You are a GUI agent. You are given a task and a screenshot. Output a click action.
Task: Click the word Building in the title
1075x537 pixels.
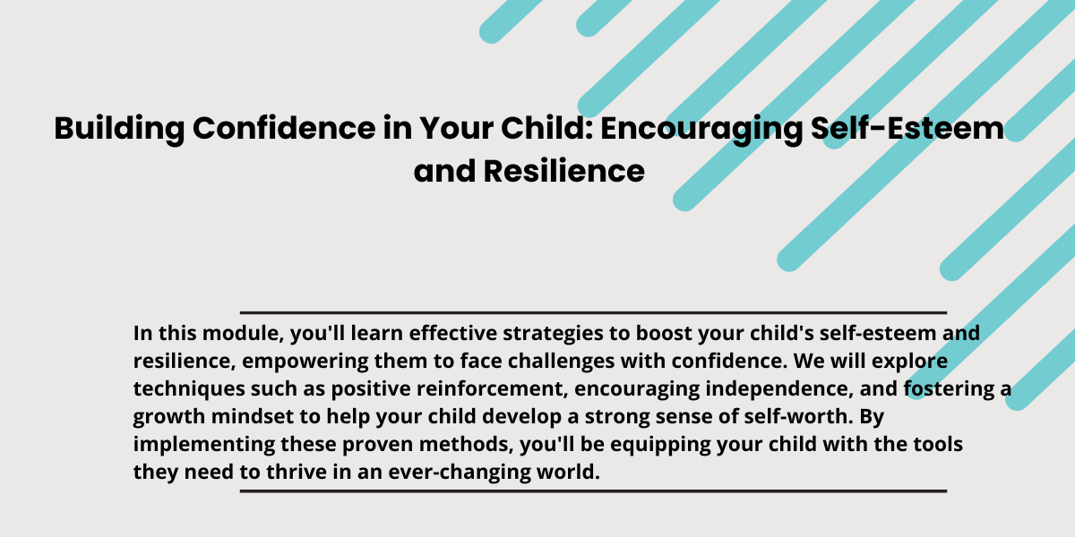119,129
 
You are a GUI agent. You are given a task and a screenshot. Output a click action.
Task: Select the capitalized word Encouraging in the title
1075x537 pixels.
701,130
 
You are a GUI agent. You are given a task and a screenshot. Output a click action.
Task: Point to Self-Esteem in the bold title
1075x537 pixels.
907,128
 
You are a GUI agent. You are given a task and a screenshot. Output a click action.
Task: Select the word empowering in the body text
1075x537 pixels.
305,362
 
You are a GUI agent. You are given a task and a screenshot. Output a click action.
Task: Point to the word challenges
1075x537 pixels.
561,362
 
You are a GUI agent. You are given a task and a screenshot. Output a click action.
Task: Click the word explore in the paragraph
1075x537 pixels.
909,362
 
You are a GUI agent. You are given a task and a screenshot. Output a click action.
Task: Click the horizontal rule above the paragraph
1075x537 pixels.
593,312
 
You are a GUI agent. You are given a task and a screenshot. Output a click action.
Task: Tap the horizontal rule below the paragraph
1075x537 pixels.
593,491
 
